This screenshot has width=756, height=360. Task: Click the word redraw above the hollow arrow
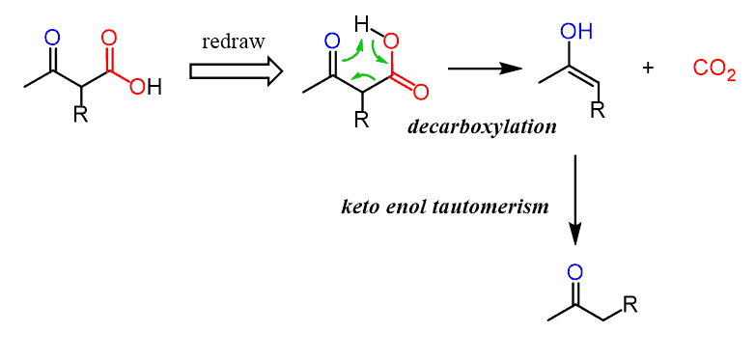pyautogui.click(x=234, y=42)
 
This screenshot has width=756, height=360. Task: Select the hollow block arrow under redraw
pyautogui.click(x=237, y=70)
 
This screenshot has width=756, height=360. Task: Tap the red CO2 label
pyautogui.click(x=714, y=70)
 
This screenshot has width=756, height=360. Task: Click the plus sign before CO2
pyautogui.click(x=649, y=68)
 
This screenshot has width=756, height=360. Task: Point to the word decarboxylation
pyautogui.click(x=482, y=127)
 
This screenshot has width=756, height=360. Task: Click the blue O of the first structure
pyautogui.click(x=51, y=38)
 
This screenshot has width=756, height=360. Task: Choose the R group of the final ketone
pyautogui.click(x=630, y=305)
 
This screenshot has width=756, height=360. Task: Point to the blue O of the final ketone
pyautogui.click(x=574, y=273)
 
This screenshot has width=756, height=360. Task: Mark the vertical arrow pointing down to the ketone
pyautogui.click(x=574, y=200)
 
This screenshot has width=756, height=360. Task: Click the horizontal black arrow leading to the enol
pyautogui.click(x=486, y=69)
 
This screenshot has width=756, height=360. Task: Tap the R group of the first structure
pyautogui.click(x=80, y=115)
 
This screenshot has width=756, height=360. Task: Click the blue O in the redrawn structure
pyautogui.click(x=330, y=42)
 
